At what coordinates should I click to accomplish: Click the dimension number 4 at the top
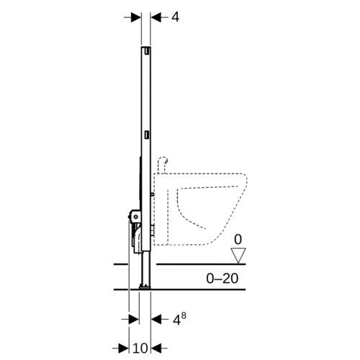(x=176, y=17)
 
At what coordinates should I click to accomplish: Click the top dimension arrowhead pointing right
(x=136, y=17)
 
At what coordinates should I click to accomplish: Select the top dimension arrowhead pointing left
(x=156, y=17)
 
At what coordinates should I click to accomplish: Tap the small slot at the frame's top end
(x=147, y=50)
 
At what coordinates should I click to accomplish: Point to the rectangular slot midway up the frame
(x=147, y=135)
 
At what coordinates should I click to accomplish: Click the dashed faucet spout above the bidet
(x=163, y=165)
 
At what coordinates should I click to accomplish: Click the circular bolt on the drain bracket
(x=136, y=217)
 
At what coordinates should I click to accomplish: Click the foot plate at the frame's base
(x=145, y=287)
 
